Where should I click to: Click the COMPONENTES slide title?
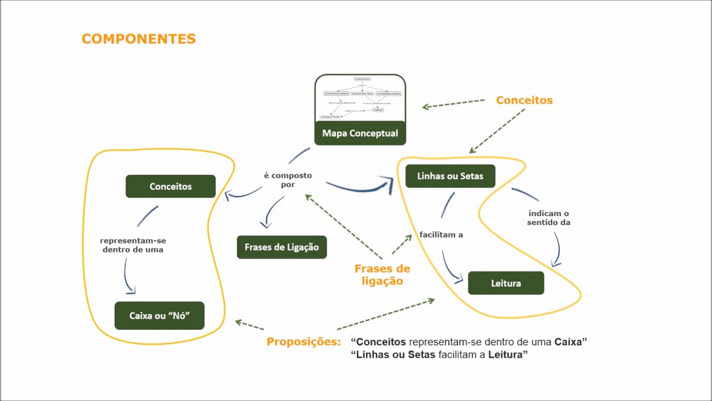point(139,39)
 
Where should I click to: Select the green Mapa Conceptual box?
point(360,133)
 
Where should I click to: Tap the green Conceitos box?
point(170,187)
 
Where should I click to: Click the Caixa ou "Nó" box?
point(160,315)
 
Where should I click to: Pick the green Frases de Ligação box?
point(281,247)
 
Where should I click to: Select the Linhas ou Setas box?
point(450,176)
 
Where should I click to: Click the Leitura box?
point(506,283)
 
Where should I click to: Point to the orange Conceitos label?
point(524,100)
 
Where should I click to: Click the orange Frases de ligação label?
point(382,275)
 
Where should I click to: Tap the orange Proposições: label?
point(303,341)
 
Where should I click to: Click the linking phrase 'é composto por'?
point(288,179)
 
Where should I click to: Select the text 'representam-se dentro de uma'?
point(133,245)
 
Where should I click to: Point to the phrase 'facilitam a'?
point(442,234)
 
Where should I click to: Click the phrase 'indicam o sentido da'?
point(549,218)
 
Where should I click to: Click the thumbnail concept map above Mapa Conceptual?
point(360,97)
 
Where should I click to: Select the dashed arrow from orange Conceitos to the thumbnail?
point(453,104)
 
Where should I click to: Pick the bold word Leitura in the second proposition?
point(506,355)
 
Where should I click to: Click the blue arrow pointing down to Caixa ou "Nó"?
point(127,277)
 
